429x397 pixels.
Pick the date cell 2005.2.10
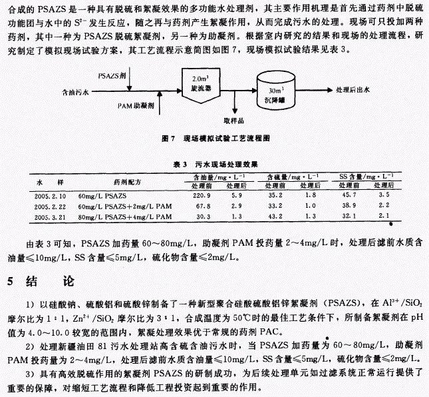coord(49,197)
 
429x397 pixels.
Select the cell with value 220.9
coord(202,197)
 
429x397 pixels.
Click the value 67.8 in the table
coord(202,207)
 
